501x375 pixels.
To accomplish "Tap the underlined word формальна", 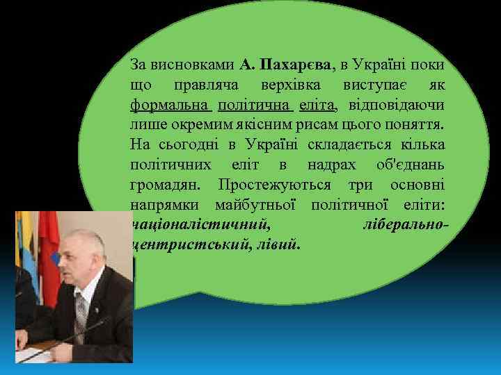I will click(170, 106).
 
